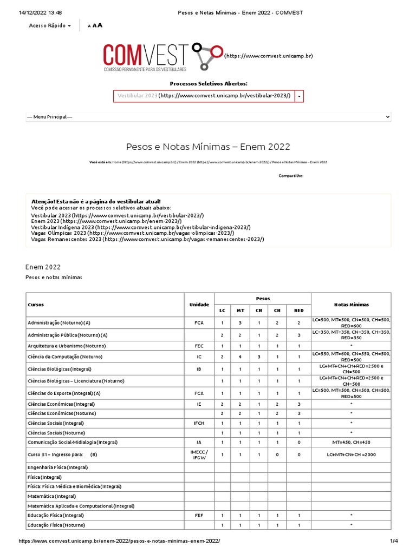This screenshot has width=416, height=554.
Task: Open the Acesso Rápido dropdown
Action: click(x=50, y=25)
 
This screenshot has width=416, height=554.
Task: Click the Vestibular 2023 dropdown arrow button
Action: click(x=299, y=96)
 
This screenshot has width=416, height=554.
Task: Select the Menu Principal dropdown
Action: click(x=208, y=117)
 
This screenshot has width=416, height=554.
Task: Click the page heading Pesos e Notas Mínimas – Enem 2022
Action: click(x=208, y=147)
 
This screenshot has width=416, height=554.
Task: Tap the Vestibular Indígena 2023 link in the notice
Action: click(x=141, y=228)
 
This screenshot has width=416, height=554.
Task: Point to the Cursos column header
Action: click(x=36, y=305)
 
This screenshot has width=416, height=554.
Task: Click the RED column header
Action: click(x=298, y=311)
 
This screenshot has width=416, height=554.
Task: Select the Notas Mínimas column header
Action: click(x=351, y=305)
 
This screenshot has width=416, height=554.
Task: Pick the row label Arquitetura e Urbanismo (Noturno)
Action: click(x=67, y=345)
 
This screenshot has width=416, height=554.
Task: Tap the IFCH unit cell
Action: click(x=199, y=423)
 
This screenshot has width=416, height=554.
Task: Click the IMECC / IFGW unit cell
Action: click(x=199, y=454)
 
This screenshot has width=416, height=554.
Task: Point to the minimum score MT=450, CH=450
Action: click(x=351, y=442)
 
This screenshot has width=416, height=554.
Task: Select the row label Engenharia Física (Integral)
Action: click(x=57, y=467)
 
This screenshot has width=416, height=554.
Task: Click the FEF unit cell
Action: click(x=199, y=516)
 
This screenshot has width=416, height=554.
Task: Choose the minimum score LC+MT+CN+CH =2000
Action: click(x=351, y=454)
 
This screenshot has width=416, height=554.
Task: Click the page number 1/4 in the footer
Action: click(x=394, y=541)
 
